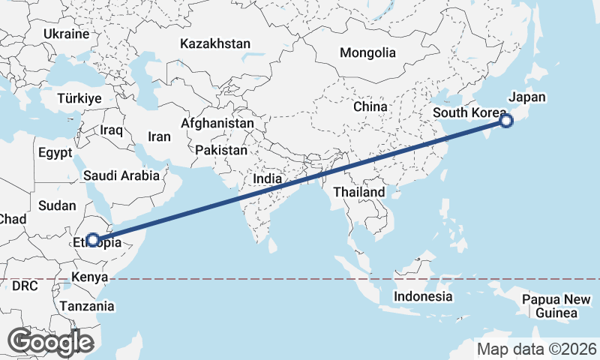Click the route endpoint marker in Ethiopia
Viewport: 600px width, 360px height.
coord(92,240)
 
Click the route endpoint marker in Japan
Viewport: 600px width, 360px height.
coord(506,121)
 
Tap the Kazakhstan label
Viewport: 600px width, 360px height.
coord(214,44)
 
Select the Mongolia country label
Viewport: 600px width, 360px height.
coord(367,53)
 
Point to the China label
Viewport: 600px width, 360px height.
coord(370,106)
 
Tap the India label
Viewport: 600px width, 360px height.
coord(268,179)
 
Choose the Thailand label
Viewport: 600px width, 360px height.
coord(359,192)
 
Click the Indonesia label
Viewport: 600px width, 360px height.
coord(423,296)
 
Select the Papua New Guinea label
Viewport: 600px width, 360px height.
coord(556,307)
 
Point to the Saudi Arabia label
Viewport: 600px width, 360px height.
coord(121,175)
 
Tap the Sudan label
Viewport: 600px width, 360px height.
coord(56,205)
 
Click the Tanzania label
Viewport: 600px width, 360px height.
coord(88,306)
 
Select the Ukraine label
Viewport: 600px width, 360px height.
coord(67,34)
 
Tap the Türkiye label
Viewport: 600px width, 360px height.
coord(79,99)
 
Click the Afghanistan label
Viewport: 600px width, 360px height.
coord(217,122)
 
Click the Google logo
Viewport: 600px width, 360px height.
coord(50,342)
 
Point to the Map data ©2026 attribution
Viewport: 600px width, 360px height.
coord(537,349)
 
